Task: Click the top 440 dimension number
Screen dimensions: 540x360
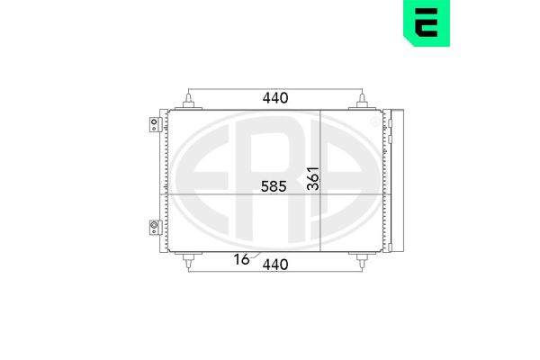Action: pos(275,98)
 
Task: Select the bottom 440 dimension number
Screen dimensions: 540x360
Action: pos(275,265)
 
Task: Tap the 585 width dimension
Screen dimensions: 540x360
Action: pos(274,186)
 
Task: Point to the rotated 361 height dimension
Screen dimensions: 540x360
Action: pos(313,178)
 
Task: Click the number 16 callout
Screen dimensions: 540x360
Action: pos(241,259)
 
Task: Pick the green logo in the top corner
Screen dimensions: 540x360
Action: pos(427,23)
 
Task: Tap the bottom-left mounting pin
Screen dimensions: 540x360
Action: pos(188,260)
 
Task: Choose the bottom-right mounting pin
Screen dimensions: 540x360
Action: pos(362,260)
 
